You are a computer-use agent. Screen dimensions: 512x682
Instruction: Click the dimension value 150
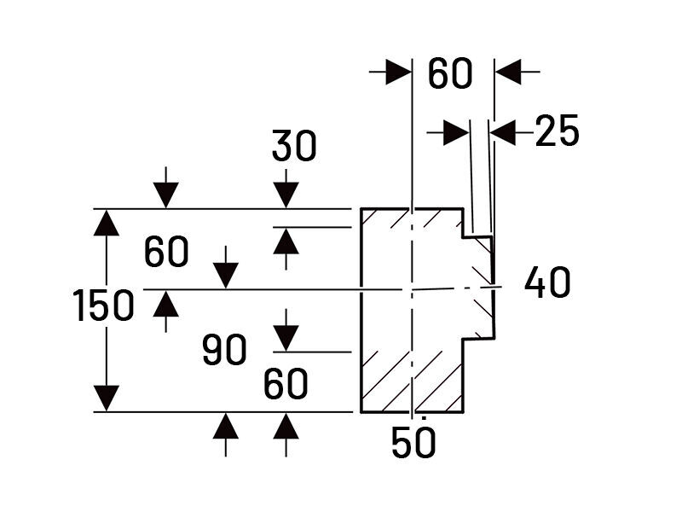coord(104,306)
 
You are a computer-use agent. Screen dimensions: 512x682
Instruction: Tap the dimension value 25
coord(558,132)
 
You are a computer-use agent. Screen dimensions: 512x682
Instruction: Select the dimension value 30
coord(294,148)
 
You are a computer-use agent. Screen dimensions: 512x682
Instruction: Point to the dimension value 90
coord(225,350)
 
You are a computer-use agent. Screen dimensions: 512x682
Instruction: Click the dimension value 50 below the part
coord(414,443)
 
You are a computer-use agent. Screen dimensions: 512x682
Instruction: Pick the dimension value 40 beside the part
coord(547,282)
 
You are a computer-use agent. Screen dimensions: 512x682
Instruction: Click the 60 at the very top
coord(449,74)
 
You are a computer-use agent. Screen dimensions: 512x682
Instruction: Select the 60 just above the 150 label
coord(166,253)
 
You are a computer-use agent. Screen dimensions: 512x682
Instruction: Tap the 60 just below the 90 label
coord(286,386)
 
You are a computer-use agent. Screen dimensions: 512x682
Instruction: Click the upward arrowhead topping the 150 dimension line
coord(106,223)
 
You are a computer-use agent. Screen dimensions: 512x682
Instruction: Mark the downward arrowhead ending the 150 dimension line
coord(106,398)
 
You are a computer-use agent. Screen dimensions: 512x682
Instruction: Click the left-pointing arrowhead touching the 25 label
coord(505,132)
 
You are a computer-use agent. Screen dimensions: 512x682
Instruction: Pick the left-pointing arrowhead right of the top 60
coord(509,73)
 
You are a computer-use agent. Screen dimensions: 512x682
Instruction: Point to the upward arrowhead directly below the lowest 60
coord(286,425)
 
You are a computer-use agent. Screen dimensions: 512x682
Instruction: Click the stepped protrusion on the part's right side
coord(478,286)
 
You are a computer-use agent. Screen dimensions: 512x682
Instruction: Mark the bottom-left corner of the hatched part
coord(361,412)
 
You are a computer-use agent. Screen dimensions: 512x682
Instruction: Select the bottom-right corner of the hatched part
coord(463,412)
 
